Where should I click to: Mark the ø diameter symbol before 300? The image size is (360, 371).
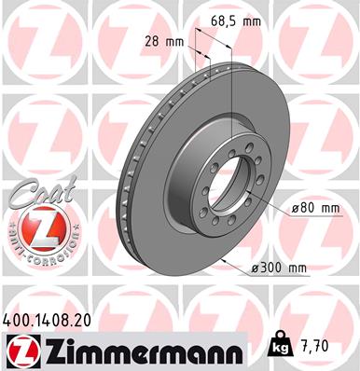point(256,268)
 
